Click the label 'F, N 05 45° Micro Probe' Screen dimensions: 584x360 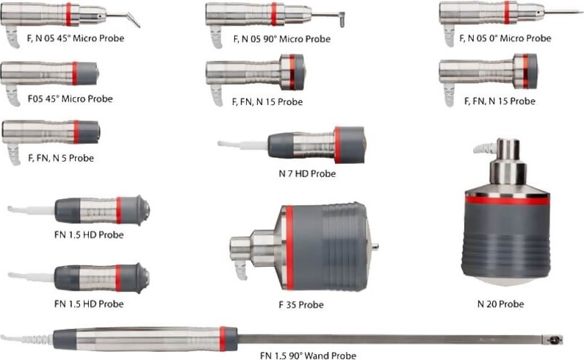click(76, 38)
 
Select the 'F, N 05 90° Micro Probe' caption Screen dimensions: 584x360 click(282, 39)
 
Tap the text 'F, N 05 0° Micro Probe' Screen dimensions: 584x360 click(505, 38)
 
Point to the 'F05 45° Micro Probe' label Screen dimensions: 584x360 click(70, 98)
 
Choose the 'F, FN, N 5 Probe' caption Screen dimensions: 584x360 click(61, 158)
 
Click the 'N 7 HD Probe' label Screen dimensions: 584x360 click(307, 173)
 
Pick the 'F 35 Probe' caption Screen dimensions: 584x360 click(301, 305)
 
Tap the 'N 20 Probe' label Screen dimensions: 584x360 click(500, 304)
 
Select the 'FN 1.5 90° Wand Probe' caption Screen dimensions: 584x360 click(308, 356)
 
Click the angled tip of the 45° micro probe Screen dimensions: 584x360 click(134, 20)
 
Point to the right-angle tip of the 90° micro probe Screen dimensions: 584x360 click(342, 19)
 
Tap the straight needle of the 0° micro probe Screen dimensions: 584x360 click(563, 12)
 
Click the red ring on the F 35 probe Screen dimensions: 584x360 click(289, 248)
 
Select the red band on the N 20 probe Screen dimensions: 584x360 click(508, 201)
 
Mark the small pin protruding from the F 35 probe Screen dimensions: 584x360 click(375, 246)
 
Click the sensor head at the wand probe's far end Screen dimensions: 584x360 click(552, 339)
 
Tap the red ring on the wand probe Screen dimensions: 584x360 click(223, 339)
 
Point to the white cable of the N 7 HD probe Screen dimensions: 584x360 click(243, 145)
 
